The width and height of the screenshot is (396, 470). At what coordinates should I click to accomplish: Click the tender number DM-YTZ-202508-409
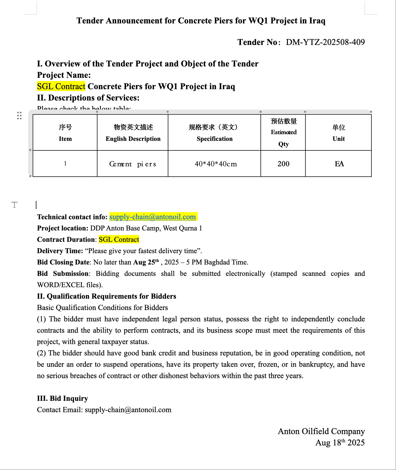[325, 42]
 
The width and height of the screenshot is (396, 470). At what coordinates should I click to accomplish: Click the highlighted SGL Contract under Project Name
[61, 87]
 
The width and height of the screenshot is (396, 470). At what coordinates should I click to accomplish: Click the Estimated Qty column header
[284, 132]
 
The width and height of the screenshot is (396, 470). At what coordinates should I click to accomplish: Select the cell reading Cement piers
[133, 164]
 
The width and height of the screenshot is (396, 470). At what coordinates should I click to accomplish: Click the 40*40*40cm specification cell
[215, 164]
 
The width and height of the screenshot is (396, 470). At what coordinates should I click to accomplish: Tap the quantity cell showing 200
[284, 164]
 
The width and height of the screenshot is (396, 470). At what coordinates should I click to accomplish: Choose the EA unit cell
[339, 164]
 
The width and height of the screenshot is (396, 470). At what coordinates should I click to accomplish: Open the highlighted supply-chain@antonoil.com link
[153, 217]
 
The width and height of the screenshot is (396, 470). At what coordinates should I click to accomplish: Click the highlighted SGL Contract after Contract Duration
[119, 240]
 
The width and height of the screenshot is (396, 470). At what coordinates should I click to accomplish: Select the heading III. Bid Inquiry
[62, 398]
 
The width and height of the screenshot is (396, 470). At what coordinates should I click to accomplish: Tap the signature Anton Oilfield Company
[321, 431]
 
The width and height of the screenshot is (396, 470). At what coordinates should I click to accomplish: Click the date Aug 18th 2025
[340, 443]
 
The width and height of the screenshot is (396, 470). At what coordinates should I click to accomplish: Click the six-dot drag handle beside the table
[19, 115]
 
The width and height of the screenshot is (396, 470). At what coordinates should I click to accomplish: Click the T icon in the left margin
[14, 205]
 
